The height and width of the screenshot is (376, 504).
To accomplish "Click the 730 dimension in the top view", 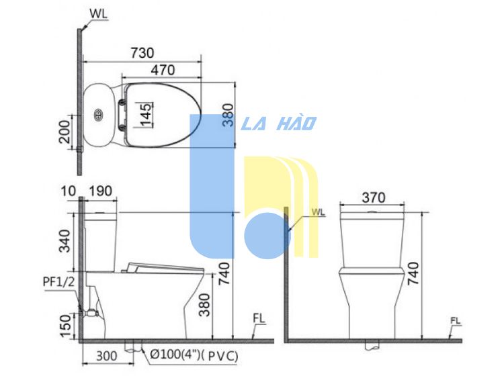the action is [x=142, y=53].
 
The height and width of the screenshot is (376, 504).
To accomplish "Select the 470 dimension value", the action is [x=163, y=70].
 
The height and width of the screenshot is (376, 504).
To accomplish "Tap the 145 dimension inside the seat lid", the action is [x=146, y=115].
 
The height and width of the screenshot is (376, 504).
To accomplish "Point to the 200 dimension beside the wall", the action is [x=65, y=132].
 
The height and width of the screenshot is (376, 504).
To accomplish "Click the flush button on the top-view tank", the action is [x=98, y=115].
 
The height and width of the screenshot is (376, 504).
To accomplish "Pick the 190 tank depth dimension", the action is [x=100, y=191].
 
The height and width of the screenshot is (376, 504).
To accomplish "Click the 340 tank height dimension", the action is [x=65, y=241].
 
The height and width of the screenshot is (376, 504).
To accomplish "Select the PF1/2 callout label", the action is [x=59, y=281].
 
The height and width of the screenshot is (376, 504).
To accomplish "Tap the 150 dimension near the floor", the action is [x=65, y=326].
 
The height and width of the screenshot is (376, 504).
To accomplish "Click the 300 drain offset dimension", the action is [x=107, y=356].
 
